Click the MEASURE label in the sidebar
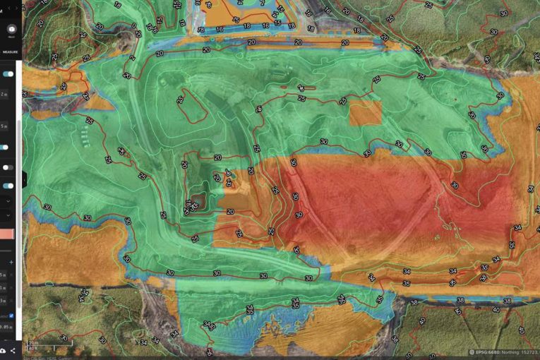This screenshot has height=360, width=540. click(10, 52)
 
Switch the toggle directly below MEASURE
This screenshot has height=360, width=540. click(8, 73)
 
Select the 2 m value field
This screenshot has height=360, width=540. click(6, 93)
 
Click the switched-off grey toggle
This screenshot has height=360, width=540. click(8, 167)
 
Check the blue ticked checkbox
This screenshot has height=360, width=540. click(11, 316)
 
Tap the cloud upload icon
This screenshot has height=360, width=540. click(4, 351)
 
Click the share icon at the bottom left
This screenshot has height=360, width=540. click(13, 351)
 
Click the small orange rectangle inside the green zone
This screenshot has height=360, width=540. click(365, 113)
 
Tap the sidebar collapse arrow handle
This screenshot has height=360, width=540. click(24, 180)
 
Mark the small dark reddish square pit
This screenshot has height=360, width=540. click(198, 202)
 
